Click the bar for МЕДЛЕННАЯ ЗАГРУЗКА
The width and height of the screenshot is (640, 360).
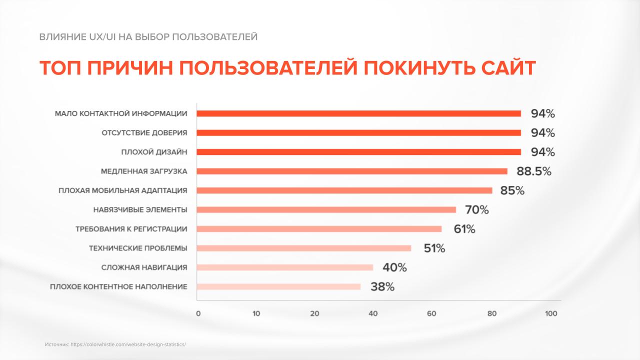coord(352,171)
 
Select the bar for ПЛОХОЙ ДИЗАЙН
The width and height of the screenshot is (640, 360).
coord(358,152)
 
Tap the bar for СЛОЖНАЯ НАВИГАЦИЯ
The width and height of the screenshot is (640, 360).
coord(285,267)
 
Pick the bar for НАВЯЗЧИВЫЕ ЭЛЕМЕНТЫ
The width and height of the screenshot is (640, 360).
coord(326,209)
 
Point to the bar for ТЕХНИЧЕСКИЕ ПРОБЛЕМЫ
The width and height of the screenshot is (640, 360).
coord(304,248)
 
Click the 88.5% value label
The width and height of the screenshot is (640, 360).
coord(533,171)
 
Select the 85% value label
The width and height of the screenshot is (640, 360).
coord(512,190)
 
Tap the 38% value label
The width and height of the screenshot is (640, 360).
coord(382,287)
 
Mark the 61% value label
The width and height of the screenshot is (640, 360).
coord(464,229)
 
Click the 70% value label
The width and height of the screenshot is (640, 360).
coord(476,210)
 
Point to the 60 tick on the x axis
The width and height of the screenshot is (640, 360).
coord(431,314)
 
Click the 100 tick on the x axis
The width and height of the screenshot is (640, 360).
coord(550,314)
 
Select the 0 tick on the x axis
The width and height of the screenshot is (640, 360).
coord(198,314)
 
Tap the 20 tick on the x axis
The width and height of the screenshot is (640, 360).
coord(314,314)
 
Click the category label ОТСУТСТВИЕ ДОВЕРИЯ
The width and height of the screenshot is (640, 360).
coord(144,133)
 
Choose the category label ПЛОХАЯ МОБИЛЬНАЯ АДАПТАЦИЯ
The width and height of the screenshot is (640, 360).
coord(122,190)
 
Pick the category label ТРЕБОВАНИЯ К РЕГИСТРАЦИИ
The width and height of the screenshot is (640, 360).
coord(131,229)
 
